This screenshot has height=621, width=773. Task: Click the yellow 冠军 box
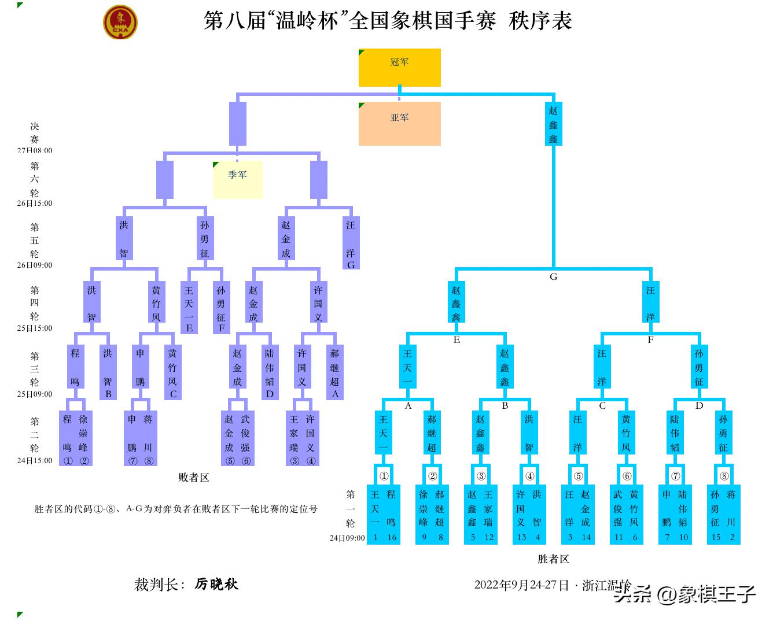(x=399, y=68)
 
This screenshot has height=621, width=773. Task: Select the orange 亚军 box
(x=399, y=123)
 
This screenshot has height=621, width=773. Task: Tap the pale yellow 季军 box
(x=237, y=179)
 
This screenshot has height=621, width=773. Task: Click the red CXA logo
(x=120, y=23)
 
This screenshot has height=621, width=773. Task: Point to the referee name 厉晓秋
(x=216, y=584)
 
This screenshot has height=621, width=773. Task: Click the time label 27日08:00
(x=35, y=150)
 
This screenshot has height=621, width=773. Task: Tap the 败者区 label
(x=193, y=478)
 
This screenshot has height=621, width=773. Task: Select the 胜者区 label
(x=553, y=559)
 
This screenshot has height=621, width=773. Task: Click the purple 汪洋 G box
(x=351, y=243)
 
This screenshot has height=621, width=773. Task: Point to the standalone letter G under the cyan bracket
(x=553, y=277)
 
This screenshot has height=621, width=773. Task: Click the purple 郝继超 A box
(x=334, y=372)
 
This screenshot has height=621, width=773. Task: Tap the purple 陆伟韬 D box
(x=270, y=372)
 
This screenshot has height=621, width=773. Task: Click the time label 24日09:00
(x=347, y=538)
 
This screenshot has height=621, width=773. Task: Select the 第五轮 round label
(x=35, y=241)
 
